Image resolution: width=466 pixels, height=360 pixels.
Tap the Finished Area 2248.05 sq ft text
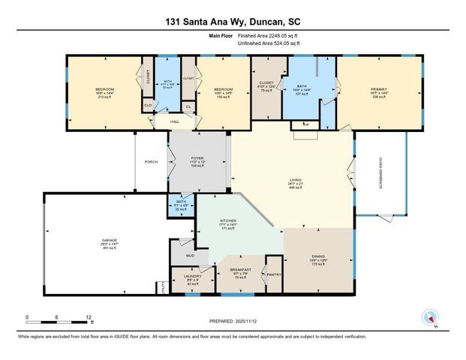pos(267,35)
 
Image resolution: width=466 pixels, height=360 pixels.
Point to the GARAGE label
pos(110,241)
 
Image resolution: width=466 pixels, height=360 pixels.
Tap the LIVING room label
pos(296,180)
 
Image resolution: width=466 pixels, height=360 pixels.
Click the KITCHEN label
pos(228,222)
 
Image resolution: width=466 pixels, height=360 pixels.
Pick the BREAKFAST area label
pos(240,273)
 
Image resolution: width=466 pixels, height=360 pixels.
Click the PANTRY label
pos(273,275)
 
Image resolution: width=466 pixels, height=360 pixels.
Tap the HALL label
pos(175,121)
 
